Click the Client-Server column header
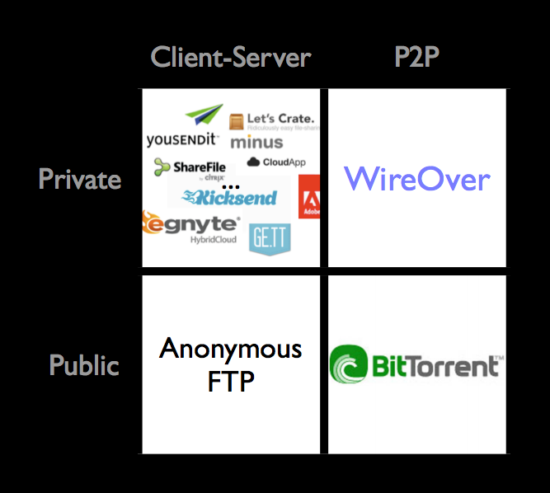click(231, 57)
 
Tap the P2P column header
click(416, 57)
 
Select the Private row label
click(80, 179)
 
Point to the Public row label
click(84, 364)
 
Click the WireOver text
click(416, 179)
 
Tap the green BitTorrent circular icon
click(349, 365)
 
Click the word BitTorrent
click(435, 365)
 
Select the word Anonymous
click(231, 349)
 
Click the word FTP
click(231, 382)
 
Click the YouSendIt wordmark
click(182, 139)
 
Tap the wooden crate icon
click(235, 122)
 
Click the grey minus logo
click(256, 142)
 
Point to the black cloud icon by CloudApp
click(253, 162)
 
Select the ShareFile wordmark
click(195, 167)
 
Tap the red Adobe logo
click(310, 196)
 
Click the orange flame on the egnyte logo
click(151, 223)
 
